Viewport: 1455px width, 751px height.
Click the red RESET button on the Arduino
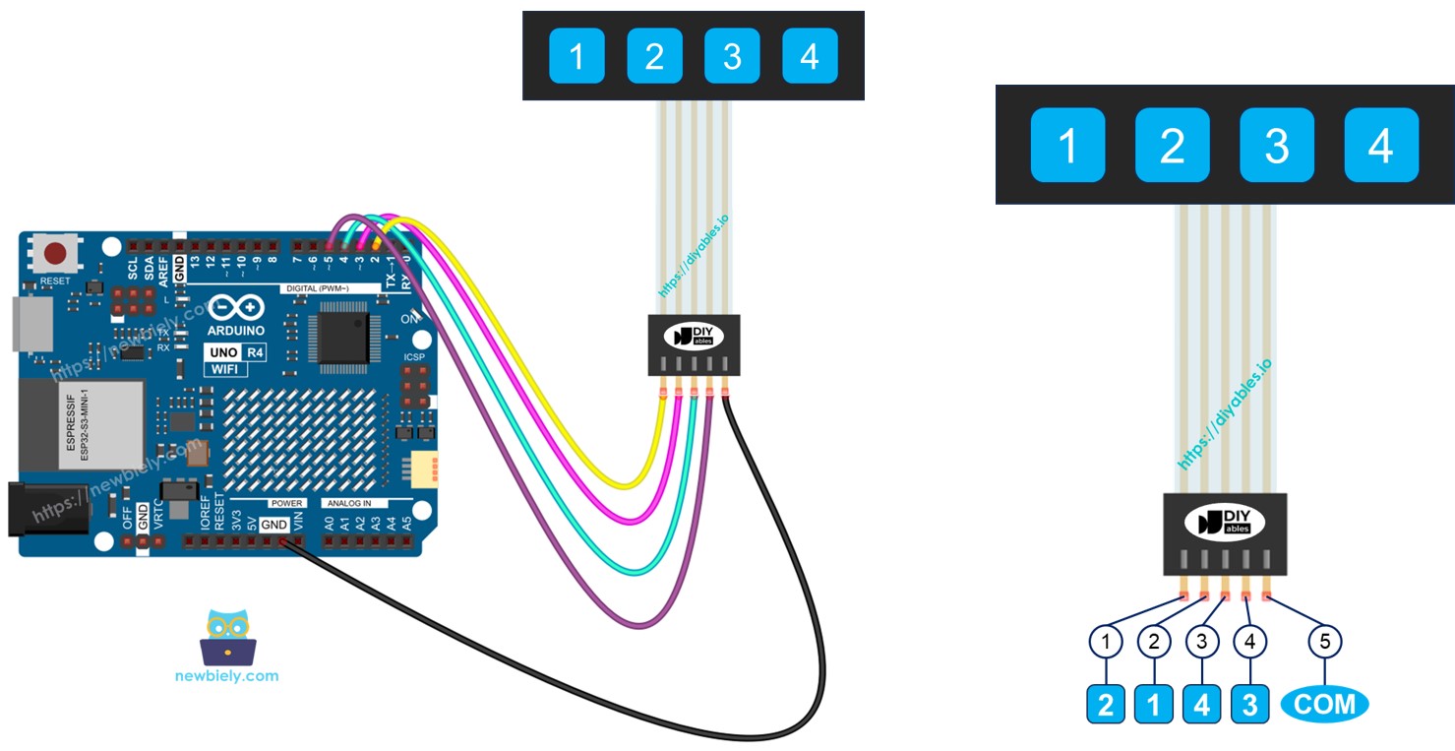tap(56, 254)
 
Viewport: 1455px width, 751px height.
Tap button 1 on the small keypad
tap(576, 56)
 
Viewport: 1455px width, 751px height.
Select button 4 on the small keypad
tap(810, 56)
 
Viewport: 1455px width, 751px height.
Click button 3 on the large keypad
tap(1276, 146)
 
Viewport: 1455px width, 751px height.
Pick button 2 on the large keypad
tap(1172, 146)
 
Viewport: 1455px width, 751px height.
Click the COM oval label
tap(1324, 704)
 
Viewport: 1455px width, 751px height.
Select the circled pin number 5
tap(1324, 642)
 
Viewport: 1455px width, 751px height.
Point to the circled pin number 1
tap(1107, 642)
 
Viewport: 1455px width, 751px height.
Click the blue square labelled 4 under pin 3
tap(1201, 705)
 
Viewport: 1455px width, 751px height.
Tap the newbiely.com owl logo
tap(227, 637)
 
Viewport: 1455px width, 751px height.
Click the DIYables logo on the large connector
tap(1225, 523)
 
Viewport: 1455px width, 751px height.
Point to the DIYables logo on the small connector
tap(694, 336)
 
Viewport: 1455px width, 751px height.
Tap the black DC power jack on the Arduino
tap(44, 509)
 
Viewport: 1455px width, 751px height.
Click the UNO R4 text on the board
tap(225, 351)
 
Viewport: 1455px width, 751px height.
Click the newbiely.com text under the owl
tap(226, 676)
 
